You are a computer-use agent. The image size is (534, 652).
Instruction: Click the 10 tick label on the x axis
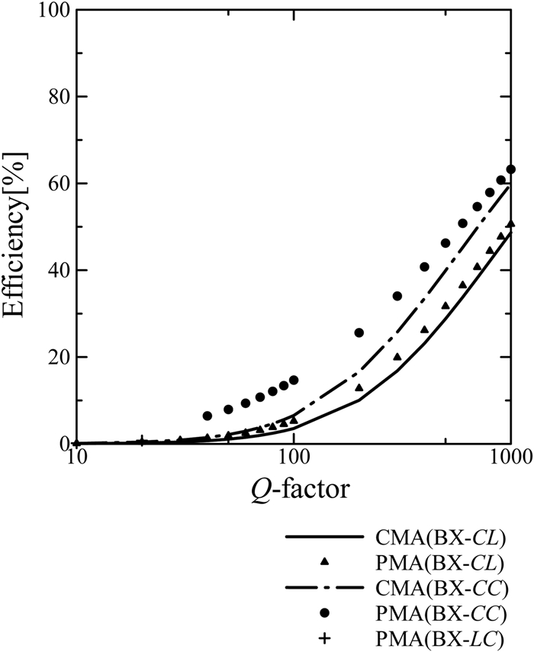coord(76,458)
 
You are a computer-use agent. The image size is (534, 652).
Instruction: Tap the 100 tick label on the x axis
coord(294,458)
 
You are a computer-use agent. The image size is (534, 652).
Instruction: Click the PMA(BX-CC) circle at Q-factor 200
coord(359,332)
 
